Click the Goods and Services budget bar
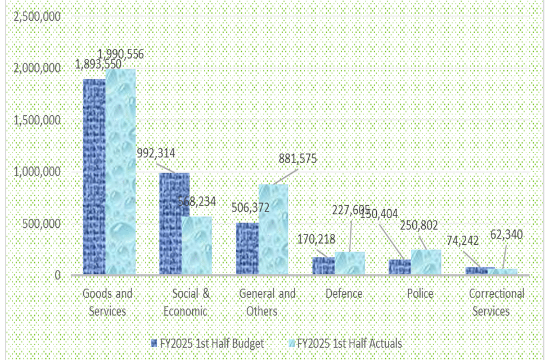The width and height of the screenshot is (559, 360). (x=94, y=177)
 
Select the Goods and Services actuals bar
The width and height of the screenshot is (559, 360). (x=120, y=172)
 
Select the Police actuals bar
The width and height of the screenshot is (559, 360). (x=426, y=262)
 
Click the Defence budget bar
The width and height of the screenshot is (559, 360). (x=323, y=266)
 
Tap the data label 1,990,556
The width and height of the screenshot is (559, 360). (x=120, y=55)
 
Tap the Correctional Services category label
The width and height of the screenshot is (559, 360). (x=497, y=302)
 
